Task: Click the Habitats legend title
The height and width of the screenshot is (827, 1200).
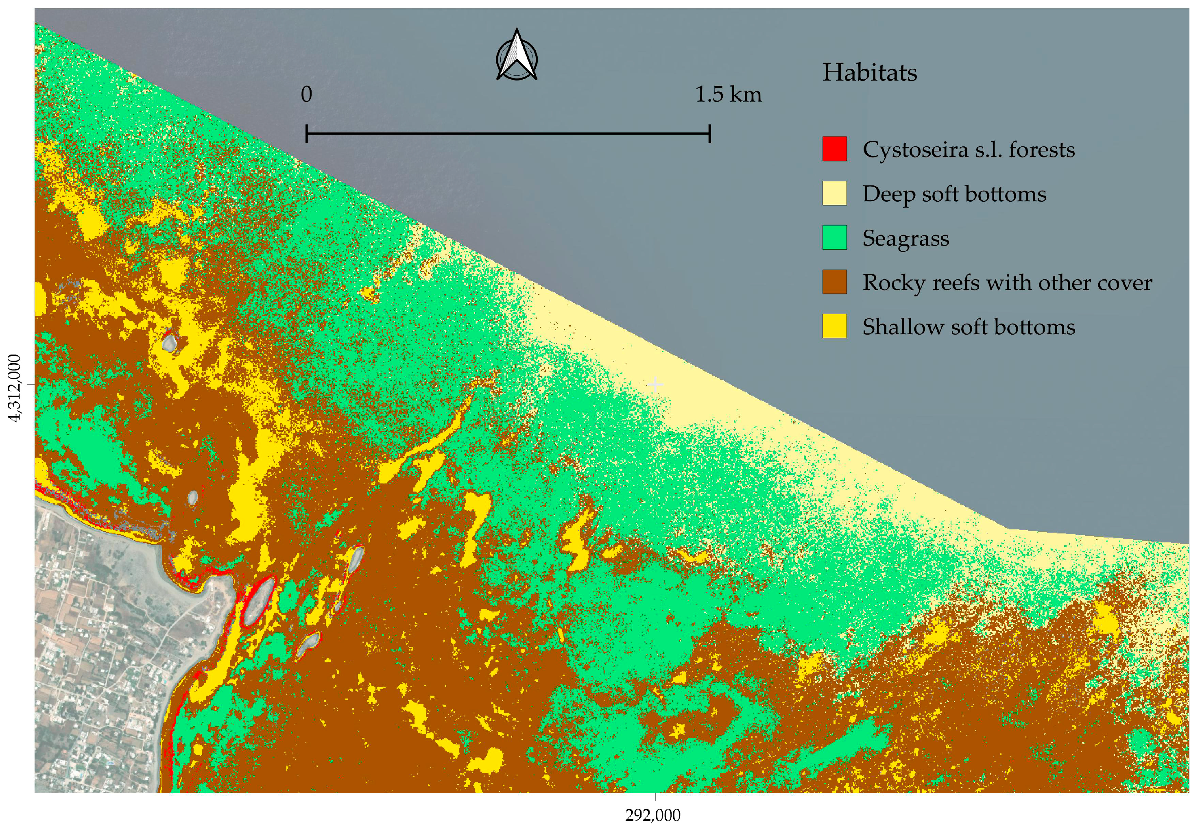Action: [x=869, y=72]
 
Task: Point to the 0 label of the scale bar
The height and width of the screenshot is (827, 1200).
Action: [x=306, y=95]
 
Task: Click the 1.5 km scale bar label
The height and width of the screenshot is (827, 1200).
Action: [x=728, y=95]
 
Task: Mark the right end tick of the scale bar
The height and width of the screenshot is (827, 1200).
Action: [x=709, y=134]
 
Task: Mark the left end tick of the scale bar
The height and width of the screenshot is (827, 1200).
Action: [x=307, y=134]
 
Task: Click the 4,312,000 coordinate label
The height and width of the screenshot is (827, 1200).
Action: [x=15, y=387]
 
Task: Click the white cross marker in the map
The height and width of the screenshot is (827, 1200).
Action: [x=655, y=385]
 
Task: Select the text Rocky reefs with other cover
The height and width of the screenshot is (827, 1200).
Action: [x=1007, y=283]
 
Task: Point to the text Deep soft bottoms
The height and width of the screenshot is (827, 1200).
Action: [x=954, y=194]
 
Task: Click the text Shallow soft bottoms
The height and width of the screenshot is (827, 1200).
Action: [x=968, y=327]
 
